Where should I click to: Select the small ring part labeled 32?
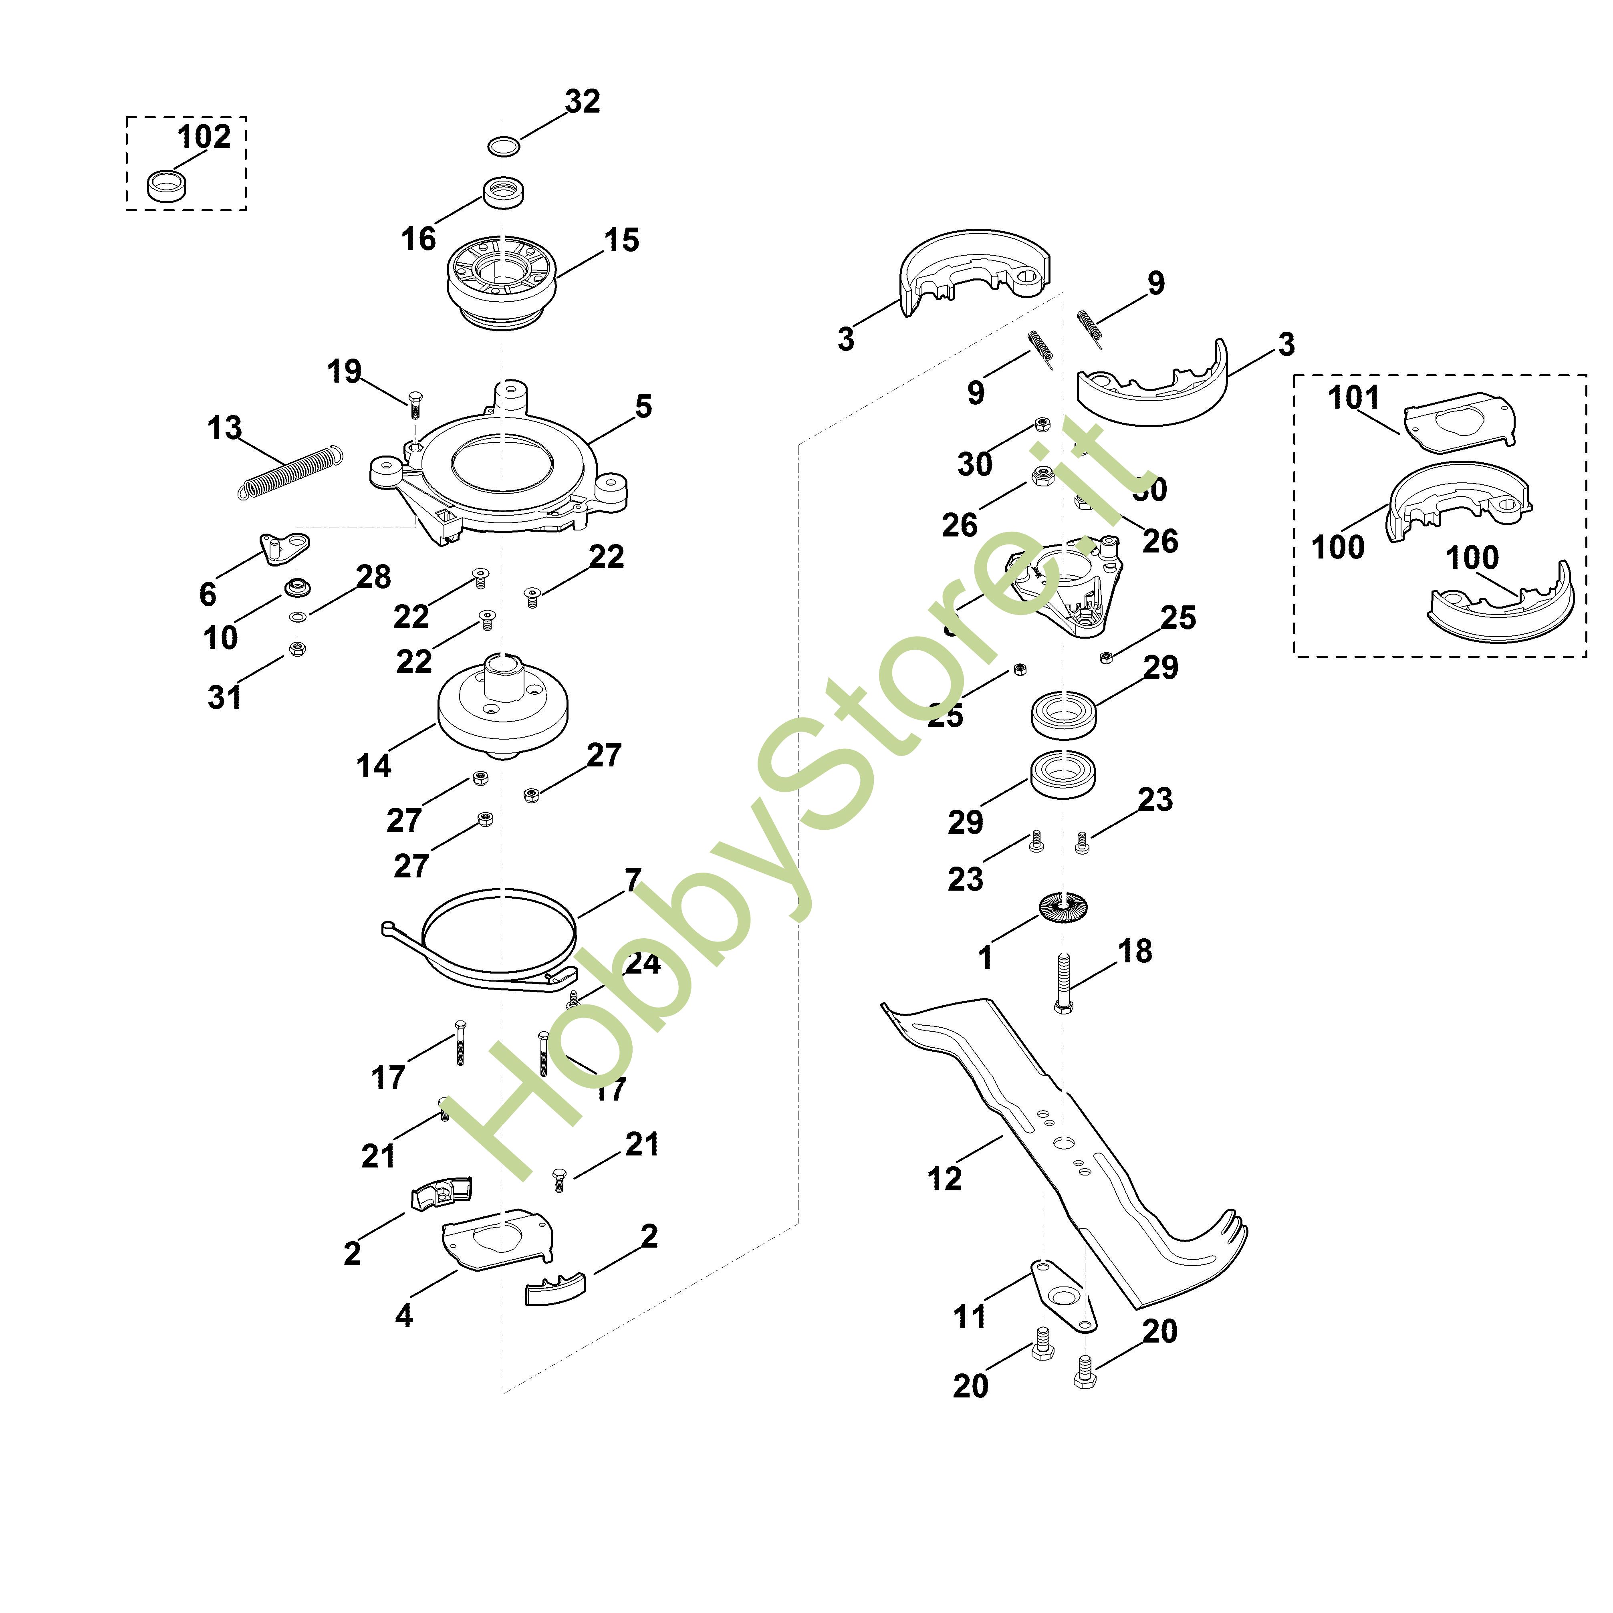[x=504, y=146]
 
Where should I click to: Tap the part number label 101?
[x=1353, y=397]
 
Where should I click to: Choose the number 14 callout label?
[x=373, y=766]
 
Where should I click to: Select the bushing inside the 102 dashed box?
[x=167, y=186]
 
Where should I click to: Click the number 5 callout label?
[x=643, y=407]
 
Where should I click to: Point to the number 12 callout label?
[x=944, y=1179]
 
